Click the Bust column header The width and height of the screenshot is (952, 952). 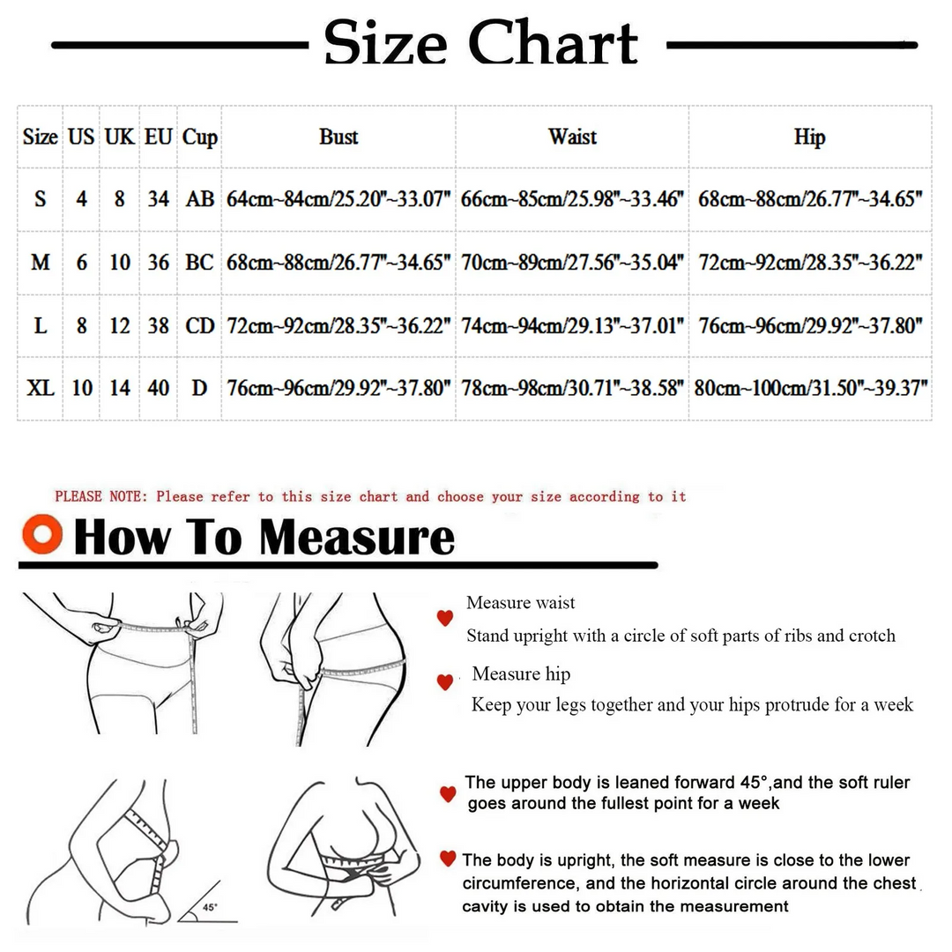(338, 137)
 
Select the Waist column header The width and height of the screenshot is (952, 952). (573, 137)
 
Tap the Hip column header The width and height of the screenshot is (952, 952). (810, 138)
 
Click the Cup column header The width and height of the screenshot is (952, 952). (200, 138)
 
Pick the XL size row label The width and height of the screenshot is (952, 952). (40, 387)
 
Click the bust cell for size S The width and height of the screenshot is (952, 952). (338, 198)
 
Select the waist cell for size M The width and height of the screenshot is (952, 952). (573, 263)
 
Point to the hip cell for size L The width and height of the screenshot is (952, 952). (810, 326)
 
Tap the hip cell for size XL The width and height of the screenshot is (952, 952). (811, 387)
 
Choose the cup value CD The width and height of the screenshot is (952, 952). (200, 326)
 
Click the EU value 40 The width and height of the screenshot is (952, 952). (158, 387)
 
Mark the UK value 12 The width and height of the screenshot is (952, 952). (120, 326)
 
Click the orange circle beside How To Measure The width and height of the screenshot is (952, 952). (42, 534)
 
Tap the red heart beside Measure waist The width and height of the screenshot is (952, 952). (445, 618)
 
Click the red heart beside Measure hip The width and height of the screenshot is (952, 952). (445, 681)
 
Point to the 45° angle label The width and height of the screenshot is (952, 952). (210, 907)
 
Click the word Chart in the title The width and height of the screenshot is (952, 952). (553, 42)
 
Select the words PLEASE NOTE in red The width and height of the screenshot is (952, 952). (100, 496)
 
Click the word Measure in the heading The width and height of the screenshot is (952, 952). (356, 538)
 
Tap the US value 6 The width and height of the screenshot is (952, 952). (81, 263)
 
